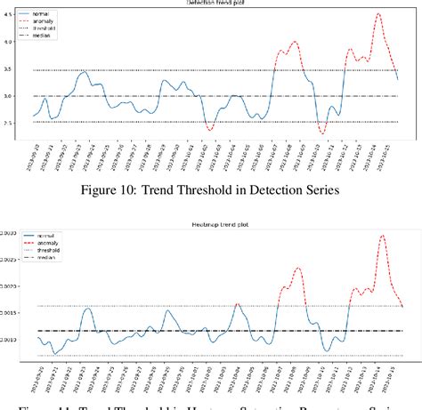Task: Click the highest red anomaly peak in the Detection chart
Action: coord(378,14)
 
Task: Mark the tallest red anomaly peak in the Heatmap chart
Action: coord(382,236)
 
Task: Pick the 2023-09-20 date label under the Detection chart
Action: coord(32,156)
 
